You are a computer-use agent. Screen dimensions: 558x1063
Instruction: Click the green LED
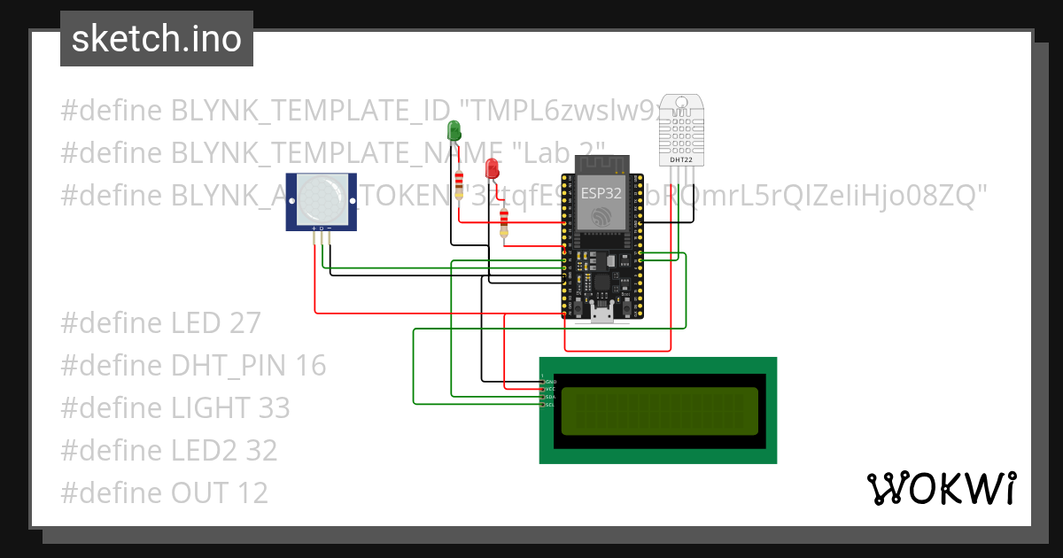point(454,130)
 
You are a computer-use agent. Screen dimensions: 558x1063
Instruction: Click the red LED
point(493,167)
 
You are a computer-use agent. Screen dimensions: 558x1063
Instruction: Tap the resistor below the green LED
point(458,186)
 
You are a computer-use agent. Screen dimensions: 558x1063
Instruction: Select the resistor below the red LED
point(504,222)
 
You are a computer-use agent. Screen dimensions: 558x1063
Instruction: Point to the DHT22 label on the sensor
point(681,159)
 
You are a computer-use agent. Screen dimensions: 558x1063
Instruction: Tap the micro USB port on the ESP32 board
point(602,312)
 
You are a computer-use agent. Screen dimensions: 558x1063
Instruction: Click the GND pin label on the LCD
point(549,381)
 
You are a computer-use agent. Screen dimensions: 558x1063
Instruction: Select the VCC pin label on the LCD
point(549,389)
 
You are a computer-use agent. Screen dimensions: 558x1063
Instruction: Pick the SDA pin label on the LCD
point(549,397)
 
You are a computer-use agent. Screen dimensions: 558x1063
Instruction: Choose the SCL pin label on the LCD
point(549,405)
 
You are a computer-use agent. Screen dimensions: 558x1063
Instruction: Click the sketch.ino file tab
point(157,39)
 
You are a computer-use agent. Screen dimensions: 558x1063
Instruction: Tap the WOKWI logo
point(941,488)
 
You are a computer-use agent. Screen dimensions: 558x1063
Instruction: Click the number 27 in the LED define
point(244,323)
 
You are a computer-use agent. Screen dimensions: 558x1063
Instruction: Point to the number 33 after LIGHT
point(273,408)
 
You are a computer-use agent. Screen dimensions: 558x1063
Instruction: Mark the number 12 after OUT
point(251,493)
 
